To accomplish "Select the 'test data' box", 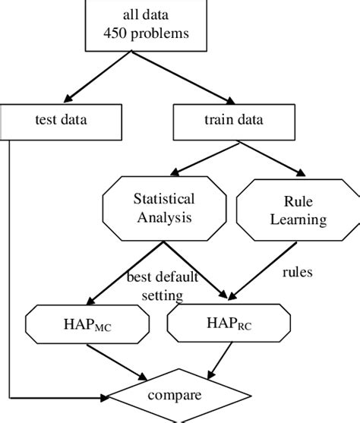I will tap(61, 118).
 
